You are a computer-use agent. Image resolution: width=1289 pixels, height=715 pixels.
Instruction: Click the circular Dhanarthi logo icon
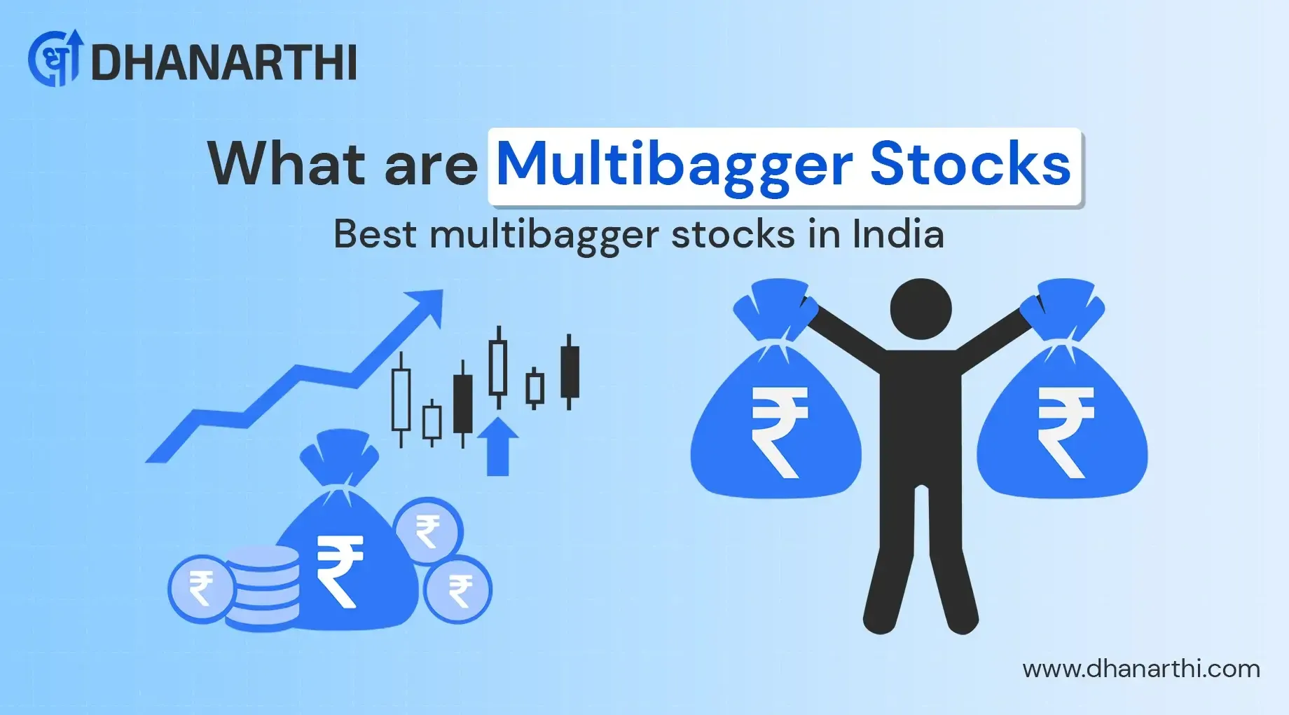[x=55, y=59]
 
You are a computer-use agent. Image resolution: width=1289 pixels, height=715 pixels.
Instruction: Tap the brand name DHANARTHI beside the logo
[x=224, y=63]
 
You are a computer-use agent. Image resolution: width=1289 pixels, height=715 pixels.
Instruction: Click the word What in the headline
[x=287, y=165]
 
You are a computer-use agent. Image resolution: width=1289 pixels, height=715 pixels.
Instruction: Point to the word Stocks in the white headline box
[x=970, y=165]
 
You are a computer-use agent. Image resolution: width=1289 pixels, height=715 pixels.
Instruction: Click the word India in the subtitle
[x=898, y=234]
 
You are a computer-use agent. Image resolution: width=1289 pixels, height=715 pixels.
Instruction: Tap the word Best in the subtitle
[x=375, y=234]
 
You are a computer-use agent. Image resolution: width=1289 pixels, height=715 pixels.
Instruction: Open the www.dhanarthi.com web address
[x=1141, y=669]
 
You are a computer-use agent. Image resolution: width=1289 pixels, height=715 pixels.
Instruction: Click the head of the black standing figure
[x=921, y=309]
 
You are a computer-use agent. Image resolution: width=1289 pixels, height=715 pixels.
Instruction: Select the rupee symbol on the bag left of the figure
[x=778, y=432]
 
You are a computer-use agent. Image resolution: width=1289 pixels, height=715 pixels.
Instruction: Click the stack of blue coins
[x=265, y=586]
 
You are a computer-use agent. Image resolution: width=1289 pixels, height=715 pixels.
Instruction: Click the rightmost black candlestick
[x=570, y=372]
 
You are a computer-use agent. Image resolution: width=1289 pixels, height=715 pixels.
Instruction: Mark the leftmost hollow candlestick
[x=401, y=400]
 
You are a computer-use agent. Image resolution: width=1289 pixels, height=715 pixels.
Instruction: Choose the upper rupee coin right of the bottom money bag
[x=427, y=531]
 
